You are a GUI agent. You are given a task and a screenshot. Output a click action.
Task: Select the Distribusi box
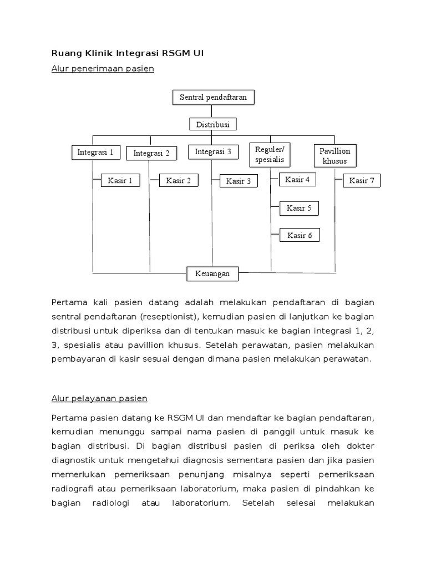pos(213,124)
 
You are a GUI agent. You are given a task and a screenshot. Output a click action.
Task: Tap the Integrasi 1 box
pos(95,152)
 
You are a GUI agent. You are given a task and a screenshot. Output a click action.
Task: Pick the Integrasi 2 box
pos(151,153)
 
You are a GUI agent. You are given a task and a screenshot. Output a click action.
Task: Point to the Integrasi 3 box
pos(213,151)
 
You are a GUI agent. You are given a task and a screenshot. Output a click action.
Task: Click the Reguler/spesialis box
pos(270,154)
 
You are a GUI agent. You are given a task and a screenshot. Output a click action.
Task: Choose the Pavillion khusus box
pos(335,156)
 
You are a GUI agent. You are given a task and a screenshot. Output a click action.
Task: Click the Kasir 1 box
pos(120,181)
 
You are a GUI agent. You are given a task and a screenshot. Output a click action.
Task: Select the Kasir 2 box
pos(179,180)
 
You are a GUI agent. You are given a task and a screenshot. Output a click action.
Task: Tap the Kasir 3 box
pos(239,181)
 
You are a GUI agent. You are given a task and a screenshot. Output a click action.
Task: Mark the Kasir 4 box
pos(298,179)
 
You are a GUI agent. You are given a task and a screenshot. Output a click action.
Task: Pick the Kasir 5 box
pos(299,209)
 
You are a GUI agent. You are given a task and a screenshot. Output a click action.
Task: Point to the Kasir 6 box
pos(300,236)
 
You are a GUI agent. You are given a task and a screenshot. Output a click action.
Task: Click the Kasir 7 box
pos(362,181)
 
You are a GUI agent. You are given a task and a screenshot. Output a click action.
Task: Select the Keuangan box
pos(212,273)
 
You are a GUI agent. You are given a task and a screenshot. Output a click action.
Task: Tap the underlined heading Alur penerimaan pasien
pos(102,69)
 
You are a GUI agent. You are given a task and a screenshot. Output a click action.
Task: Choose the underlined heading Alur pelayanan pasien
pos(99,398)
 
